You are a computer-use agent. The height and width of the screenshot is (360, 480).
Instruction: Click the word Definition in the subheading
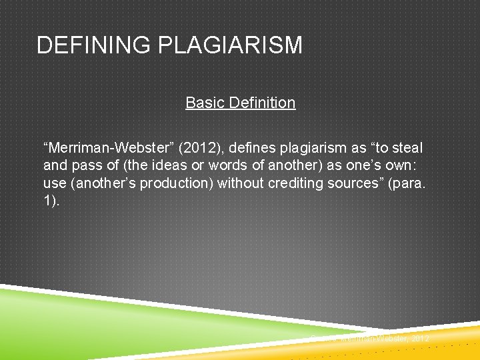pyautogui.click(x=261, y=103)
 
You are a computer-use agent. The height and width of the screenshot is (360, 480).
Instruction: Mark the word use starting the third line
pyautogui.click(x=54, y=183)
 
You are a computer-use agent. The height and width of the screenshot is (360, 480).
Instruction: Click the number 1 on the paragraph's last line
pyautogui.click(x=48, y=201)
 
